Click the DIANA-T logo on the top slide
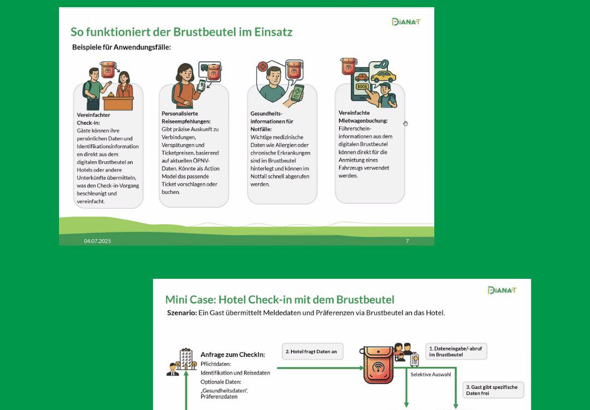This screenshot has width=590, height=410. pos(406,22)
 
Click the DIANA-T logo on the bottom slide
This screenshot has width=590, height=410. pos(502,290)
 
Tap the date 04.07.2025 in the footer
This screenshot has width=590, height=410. pos(97,241)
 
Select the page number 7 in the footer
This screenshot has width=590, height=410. pos(407,241)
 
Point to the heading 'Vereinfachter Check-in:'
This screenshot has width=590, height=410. pos(94,119)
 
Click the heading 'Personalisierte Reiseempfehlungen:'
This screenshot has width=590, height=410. pos(186,118)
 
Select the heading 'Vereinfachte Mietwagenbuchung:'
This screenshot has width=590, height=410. pos(363,116)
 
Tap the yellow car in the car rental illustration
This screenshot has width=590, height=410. pos(383,77)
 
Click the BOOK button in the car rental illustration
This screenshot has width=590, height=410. pos(362,86)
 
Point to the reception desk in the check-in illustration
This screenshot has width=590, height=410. pos(118,102)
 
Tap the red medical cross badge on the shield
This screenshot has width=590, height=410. pos(263,67)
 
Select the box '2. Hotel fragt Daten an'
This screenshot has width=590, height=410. pos(312,352)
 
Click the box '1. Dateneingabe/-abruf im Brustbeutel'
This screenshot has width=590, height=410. pos(456,352)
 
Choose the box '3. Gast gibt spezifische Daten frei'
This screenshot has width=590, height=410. pos(493,390)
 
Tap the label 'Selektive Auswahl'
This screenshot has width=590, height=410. pos(431,374)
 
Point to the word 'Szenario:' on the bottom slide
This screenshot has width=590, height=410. pos(182,313)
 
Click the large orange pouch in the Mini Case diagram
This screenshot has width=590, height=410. pos(379,365)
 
